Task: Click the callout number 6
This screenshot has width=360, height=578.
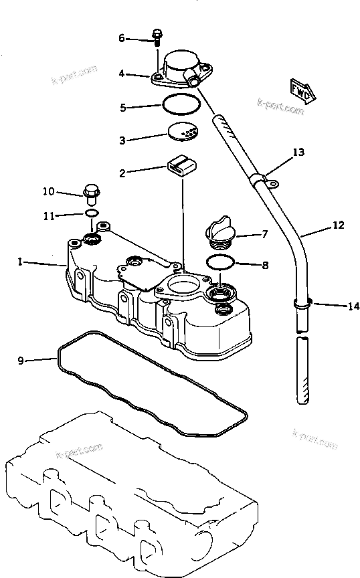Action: coord(122,39)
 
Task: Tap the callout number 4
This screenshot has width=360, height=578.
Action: coord(122,74)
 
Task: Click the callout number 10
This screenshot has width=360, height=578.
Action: coord(48,192)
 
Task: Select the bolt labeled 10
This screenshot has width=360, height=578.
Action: coord(91,193)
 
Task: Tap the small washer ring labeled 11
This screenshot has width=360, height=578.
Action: coord(91,213)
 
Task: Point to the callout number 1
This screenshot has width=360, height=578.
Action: coord(20,263)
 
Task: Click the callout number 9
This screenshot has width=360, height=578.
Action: coord(21,361)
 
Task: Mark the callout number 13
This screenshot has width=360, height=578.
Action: coord(298,153)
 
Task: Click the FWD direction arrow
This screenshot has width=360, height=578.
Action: coord(302,90)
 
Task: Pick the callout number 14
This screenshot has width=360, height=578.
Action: coord(353,306)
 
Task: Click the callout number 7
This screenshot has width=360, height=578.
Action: coord(264,235)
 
